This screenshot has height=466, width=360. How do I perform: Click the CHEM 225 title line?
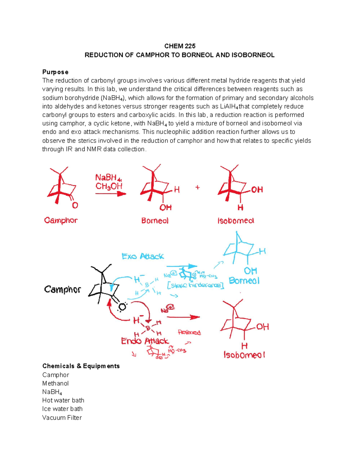pyautogui.click(x=180, y=46)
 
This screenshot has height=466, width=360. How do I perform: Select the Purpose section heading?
pyautogui.click(x=55, y=72)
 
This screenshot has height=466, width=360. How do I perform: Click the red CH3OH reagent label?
pyautogui.click(x=109, y=186)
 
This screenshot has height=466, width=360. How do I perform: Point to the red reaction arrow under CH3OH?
pyautogui.click(x=110, y=194)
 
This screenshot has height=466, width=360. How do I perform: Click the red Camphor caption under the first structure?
pyautogui.click(x=61, y=220)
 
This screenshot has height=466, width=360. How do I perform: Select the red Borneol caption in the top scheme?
pyautogui.click(x=155, y=221)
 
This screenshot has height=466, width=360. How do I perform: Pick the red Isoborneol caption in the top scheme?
pyautogui.click(x=236, y=221)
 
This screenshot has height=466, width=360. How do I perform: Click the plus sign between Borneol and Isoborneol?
pyautogui.click(x=197, y=187)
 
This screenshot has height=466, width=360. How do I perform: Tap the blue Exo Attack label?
pyautogui.click(x=143, y=256)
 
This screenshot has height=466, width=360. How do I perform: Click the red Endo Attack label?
pyautogui.click(x=145, y=341)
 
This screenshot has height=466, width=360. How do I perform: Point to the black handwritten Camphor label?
pyautogui.click(x=62, y=289)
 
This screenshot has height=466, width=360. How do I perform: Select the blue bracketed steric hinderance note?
pyautogui.click(x=196, y=285)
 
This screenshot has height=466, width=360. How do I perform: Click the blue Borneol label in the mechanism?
pyautogui.click(x=244, y=281)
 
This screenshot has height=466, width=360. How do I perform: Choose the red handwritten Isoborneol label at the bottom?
pyautogui.click(x=244, y=355)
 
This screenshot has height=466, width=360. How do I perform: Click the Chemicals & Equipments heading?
pyautogui.click(x=81, y=366)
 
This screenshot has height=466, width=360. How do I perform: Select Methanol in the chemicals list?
pyautogui.click(x=55, y=383)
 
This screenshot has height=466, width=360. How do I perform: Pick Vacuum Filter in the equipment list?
pyautogui.click(x=62, y=418)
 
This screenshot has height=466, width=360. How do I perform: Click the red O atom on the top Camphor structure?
pyautogui.click(x=75, y=205)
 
